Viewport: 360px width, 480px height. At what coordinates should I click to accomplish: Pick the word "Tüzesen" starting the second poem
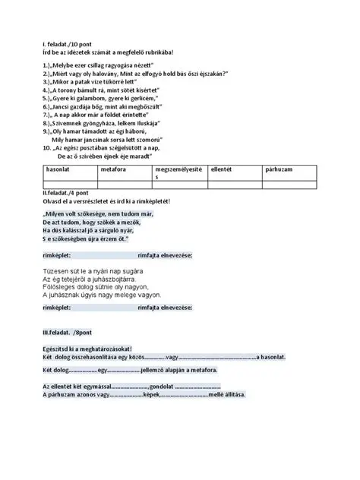pos(54,270)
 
